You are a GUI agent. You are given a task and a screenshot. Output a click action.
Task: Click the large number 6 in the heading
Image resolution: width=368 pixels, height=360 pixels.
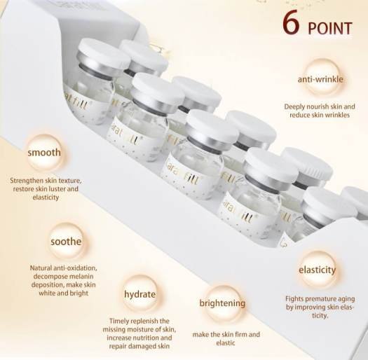click(x=291, y=24)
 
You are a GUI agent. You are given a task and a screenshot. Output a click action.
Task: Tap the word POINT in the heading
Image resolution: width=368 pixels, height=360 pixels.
click(x=330, y=29)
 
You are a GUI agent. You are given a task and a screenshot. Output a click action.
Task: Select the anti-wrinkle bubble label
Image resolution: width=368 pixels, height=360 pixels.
click(x=320, y=79)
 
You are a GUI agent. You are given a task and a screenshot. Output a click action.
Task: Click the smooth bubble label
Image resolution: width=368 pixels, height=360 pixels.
click(x=44, y=153)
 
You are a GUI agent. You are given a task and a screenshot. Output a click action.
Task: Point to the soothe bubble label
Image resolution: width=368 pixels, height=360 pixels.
click(x=66, y=242)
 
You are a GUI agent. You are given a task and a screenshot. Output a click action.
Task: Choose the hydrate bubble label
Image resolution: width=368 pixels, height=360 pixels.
click(x=140, y=294)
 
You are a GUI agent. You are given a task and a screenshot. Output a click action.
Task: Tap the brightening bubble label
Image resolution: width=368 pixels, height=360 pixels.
click(x=222, y=303)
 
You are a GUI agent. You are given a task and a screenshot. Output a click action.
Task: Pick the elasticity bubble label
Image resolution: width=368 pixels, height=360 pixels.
click(x=317, y=270)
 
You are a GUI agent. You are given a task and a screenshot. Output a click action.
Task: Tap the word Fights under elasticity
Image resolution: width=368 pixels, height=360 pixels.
click(x=292, y=299)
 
